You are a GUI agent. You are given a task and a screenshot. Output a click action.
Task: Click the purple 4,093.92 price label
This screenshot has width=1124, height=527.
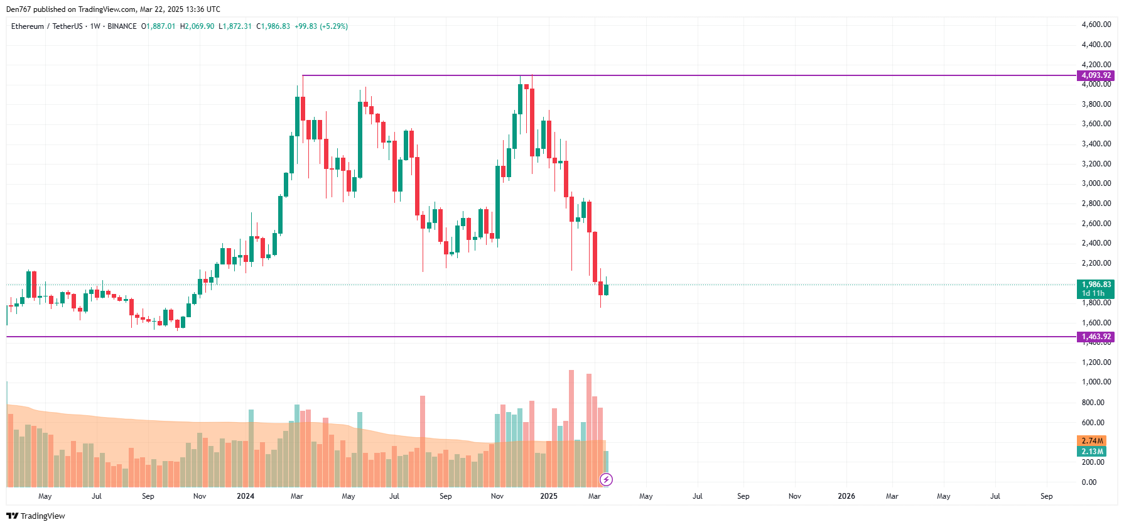(1096, 75)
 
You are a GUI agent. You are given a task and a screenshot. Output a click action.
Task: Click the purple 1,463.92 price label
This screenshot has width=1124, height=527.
(1096, 337)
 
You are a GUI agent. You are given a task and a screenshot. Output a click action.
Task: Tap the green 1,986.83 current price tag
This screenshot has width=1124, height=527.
(1096, 285)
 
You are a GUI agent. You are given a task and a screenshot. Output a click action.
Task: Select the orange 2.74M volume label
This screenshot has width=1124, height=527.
(1092, 441)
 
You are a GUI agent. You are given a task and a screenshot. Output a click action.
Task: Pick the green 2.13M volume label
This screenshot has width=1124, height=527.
(1092, 452)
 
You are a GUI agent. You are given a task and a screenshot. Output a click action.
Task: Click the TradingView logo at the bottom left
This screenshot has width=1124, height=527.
(36, 516)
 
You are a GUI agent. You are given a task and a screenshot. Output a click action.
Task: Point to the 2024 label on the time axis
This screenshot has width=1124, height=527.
(246, 496)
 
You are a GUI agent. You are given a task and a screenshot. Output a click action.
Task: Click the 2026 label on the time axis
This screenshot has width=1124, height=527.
(846, 496)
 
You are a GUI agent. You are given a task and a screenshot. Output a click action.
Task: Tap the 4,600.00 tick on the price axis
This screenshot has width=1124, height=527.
(1096, 24)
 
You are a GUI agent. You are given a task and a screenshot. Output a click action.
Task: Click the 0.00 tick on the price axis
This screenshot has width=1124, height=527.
(1089, 482)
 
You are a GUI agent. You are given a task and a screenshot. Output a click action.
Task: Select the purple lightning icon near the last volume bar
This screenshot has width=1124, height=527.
(606, 480)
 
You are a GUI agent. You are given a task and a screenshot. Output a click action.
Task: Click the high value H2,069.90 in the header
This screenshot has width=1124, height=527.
(197, 26)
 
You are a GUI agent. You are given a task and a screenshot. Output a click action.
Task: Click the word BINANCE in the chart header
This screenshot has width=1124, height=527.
(122, 26)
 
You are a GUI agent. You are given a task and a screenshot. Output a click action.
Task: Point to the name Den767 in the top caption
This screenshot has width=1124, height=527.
(18, 9)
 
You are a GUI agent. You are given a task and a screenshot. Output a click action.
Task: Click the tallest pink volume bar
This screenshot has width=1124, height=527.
(571, 427)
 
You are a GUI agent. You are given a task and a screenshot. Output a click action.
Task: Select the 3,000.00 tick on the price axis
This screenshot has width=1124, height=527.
(1096, 183)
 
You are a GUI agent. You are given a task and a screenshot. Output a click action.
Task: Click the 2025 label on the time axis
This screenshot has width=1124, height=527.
(548, 496)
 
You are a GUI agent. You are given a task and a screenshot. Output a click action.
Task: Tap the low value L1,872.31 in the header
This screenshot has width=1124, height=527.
(235, 26)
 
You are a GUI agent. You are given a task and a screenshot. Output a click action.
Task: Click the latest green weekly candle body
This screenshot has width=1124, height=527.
(606, 290)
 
